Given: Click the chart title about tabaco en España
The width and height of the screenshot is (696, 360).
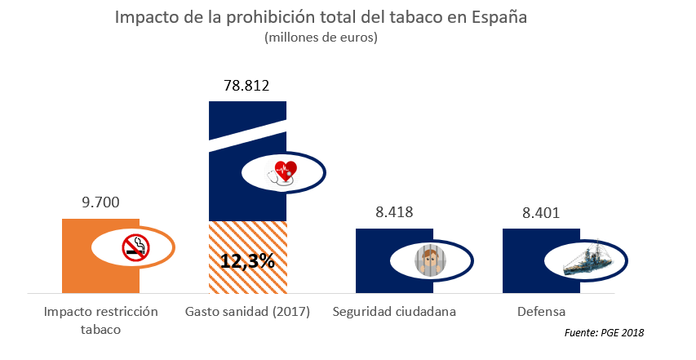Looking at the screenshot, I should (321, 18).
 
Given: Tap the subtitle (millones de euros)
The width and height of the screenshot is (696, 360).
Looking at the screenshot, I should (321, 38).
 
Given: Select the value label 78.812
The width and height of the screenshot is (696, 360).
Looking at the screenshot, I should (246, 86).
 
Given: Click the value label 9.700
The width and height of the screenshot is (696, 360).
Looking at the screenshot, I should (101, 202).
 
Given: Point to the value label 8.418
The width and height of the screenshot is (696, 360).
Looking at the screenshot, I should (394, 212).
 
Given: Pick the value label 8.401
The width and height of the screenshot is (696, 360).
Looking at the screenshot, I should (541, 213).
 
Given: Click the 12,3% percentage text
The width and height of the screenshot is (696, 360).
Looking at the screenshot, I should (247, 261).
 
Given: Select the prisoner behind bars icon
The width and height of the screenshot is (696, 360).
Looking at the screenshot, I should (430, 261).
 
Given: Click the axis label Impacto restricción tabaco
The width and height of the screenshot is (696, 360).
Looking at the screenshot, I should (100, 320).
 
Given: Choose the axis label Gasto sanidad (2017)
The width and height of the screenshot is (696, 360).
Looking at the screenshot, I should (247, 312).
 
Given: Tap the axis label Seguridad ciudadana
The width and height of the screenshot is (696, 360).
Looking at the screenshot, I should (394, 312).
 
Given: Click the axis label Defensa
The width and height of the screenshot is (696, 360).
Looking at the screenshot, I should (541, 312).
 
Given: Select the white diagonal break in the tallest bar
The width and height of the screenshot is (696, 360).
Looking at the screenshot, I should (247, 137).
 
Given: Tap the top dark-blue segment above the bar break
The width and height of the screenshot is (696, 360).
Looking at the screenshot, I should (247, 114).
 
